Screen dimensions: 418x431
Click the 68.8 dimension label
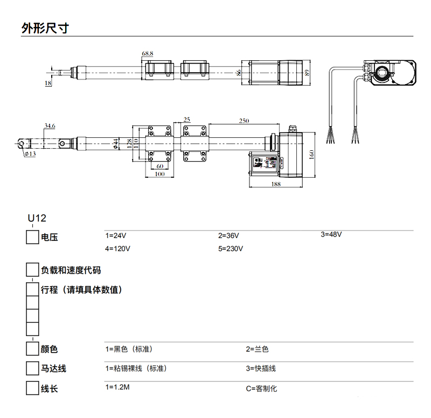[x=148, y=54]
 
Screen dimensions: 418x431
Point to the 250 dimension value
[x=244, y=121]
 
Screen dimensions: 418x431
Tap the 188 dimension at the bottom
[x=276, y=184]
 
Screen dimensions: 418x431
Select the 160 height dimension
[x=311, y=155]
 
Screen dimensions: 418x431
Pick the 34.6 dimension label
[x=50, y=126]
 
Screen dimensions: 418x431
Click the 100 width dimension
[x=159, y=174]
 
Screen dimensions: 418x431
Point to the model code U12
[x=37, y=218]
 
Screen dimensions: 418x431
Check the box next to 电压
[x=33, y=237]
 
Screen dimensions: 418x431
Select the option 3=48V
[x=331, y=234]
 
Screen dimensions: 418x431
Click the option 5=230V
[x=231, y=249]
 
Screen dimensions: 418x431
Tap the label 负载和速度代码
[x=71, y=270]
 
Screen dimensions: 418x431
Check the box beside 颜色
[x=33, y=349]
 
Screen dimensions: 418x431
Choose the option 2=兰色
[x=257, y=349]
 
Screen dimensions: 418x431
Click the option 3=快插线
[x=261, y=368]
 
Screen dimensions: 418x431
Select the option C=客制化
[x=261, y=388]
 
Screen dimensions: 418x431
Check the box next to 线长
[x=33, y=388]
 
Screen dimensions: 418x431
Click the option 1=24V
[x=115, y=235]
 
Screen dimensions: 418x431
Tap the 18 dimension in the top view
[x=48, y=83]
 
